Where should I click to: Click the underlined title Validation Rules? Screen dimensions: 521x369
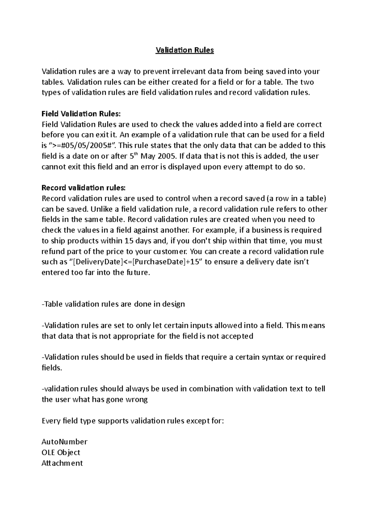pos(184,50)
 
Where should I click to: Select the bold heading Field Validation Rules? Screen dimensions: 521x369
pos(81,114)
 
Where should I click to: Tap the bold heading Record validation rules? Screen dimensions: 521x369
pos(84,188)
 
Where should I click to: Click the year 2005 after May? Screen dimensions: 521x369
pos(167,156)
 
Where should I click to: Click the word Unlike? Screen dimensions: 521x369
pos(101,209)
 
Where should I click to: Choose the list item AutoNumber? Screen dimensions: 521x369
pos(64,442)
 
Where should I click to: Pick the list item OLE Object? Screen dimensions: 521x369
pos(61,453)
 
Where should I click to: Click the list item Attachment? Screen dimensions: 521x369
pos(62,463)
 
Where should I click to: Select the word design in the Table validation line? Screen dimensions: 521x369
pos(173,304)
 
